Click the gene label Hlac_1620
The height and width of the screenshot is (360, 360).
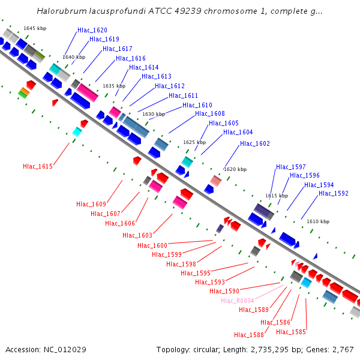(x=92, y=30)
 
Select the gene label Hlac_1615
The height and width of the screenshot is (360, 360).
(x=38, y=166)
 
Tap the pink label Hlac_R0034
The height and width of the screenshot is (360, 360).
(x=238, y=301)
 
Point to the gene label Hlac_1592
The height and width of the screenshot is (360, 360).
(x=334, y=193)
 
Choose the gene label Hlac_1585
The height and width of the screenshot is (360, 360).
(x=291, y=332)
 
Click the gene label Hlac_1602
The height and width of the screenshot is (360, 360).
(x=255, y=144)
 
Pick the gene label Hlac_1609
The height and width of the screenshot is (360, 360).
(x=91, y=205)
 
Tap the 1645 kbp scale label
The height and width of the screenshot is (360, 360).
(x=35, y=28)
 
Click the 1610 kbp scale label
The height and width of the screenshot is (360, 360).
(x=318, y=222)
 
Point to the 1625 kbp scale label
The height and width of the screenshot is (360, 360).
(x=194, y=142)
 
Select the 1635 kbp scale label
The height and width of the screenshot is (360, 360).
(x=114, y=86)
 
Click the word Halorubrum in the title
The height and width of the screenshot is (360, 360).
(x=59, y=11)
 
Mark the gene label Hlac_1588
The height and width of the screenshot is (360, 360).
(x=249, y=335)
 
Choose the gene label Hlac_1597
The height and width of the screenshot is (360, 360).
(x=291, y=167)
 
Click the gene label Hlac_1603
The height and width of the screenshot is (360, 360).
(x=137, y=236)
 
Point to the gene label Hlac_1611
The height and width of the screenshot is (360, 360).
(x=184, y=96)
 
